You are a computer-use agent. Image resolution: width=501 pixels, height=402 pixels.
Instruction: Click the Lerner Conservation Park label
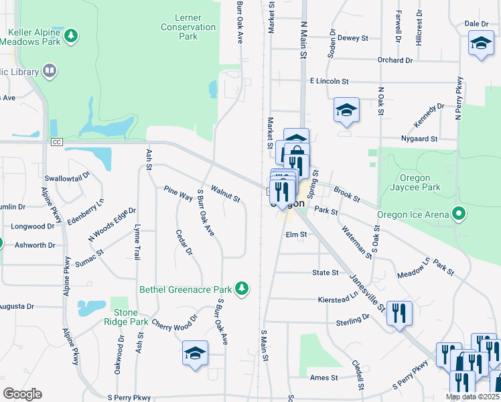pos(188,27)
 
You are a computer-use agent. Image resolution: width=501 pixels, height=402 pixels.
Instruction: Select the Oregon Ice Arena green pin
pos(459,215)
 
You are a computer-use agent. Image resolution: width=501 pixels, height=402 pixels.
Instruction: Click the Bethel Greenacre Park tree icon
pos(242,289)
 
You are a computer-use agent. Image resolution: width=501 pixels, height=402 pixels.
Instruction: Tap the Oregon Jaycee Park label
pos(420,183)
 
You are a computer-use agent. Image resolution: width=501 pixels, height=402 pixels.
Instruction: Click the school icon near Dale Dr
pos(480,44)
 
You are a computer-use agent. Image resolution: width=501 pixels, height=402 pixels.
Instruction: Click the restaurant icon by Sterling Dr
pos(399,312)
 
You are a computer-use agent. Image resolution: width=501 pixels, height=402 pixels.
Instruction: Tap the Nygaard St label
pos(421,139)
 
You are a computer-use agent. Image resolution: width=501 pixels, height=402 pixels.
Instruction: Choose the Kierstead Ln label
pos(338,297)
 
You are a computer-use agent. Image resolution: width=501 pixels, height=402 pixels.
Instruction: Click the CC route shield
pos(57,142)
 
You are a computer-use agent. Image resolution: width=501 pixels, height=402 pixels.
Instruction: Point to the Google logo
pos(22,394)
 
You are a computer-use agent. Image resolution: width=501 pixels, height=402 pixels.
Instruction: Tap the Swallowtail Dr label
pos(67,179)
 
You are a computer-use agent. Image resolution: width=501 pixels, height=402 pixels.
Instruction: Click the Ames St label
pos(324,378)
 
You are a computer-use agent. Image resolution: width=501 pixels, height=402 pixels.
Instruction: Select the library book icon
pos(50,70)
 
